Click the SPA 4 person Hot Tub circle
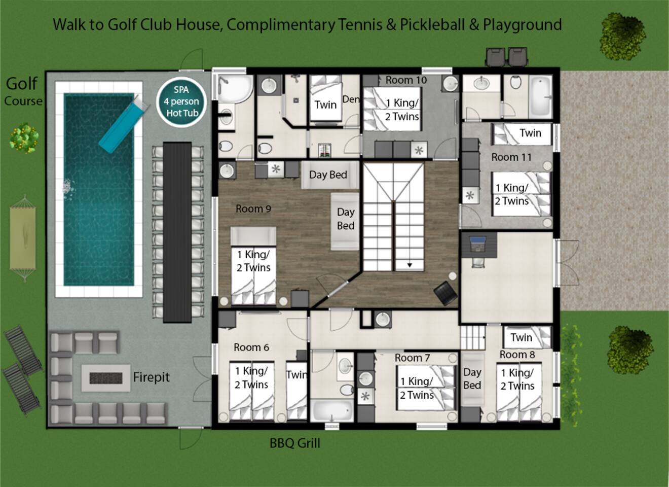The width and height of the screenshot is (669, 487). (181, 101)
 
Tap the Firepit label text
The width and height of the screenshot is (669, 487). (151, 377)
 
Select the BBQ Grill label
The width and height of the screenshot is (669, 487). (295, 443)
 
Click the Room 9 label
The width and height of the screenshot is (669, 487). (253, 208)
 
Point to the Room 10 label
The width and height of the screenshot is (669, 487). (406, 80)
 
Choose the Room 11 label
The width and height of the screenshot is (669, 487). (511, 157)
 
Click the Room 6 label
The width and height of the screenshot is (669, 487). (251, 347)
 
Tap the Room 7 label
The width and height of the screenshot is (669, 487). (412, 358)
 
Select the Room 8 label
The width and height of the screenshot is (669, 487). (517, 355)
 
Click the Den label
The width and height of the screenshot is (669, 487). (351, 99)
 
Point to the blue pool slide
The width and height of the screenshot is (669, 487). (124, 124)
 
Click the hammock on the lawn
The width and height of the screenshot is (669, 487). (23, 238)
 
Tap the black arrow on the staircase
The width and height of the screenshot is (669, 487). (410, 265)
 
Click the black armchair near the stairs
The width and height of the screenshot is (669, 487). (445, 293)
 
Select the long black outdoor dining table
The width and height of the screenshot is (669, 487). (177, 232)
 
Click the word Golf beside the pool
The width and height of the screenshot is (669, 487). (22, 84)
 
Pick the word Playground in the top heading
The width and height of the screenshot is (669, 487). (523, 24)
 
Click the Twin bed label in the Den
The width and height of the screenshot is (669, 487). (325, 105)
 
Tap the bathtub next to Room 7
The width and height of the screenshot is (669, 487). (332, 411)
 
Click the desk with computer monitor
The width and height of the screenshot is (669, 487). (479, 245)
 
